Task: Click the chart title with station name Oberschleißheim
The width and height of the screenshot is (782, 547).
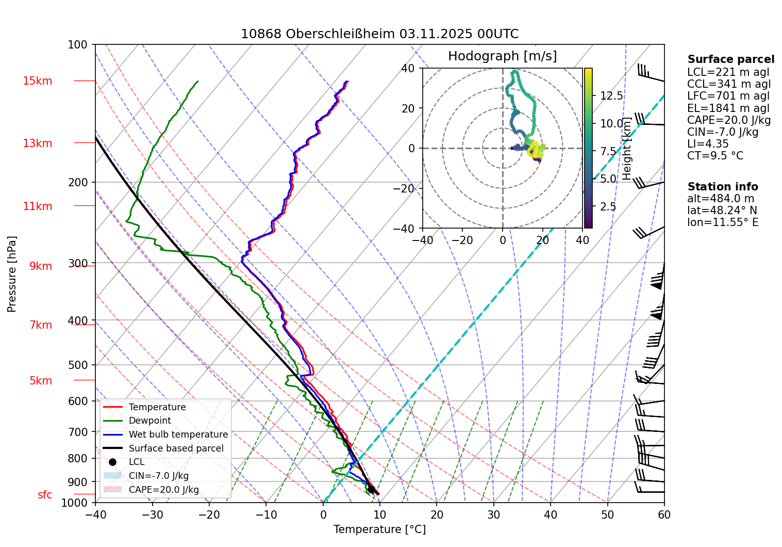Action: point(379,34)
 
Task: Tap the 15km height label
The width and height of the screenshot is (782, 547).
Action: point(37,81)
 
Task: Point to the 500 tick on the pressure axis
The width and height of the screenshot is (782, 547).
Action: point(78,365)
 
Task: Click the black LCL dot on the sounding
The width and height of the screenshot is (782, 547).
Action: point(371,489)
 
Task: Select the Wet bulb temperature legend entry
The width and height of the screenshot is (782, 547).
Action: point(178,435)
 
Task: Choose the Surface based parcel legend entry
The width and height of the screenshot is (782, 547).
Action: point(176,448)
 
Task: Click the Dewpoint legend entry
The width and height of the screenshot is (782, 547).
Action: point(149,421)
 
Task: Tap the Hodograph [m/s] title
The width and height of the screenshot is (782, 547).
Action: point(502,56)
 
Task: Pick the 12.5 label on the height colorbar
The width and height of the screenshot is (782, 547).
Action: point(611,96)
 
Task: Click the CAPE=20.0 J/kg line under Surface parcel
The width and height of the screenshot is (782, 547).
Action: point(729,120)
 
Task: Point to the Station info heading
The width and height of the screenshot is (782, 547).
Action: point(723,187)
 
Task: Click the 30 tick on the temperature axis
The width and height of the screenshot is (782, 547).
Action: point(493,514)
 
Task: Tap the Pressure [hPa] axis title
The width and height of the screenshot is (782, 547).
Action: point(12,274)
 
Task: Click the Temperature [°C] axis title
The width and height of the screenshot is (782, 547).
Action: point(379,529)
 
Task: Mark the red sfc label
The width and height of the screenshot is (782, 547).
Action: point(45,495)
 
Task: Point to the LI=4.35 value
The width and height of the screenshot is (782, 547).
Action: point(708,144)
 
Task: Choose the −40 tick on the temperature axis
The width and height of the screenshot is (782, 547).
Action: point(95,514)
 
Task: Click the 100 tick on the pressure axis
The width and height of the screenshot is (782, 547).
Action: point(78,45)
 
